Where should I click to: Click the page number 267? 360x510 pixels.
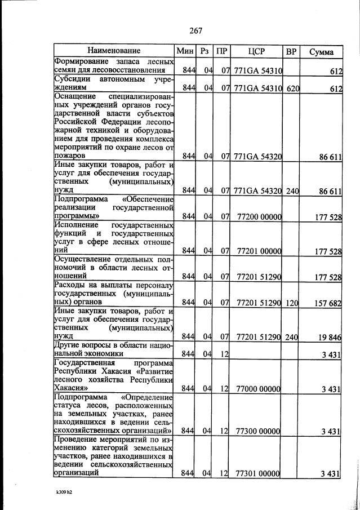pos(196,30)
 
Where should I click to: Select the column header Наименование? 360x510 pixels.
pos(114,51)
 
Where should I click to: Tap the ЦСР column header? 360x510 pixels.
pos(257,51)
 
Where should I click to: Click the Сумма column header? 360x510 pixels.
pos(321,52)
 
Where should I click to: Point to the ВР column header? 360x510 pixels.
pos(291,51)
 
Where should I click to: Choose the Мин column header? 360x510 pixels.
pos(185,51)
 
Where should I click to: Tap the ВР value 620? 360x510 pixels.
pos(292,88)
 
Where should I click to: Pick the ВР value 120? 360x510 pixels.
pos(292,303)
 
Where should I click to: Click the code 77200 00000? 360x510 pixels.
pos(259,216)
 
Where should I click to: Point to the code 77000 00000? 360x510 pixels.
pos(259,389)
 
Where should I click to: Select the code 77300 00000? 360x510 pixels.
pos(259,431)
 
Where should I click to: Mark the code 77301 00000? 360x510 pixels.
pos(259,473)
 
